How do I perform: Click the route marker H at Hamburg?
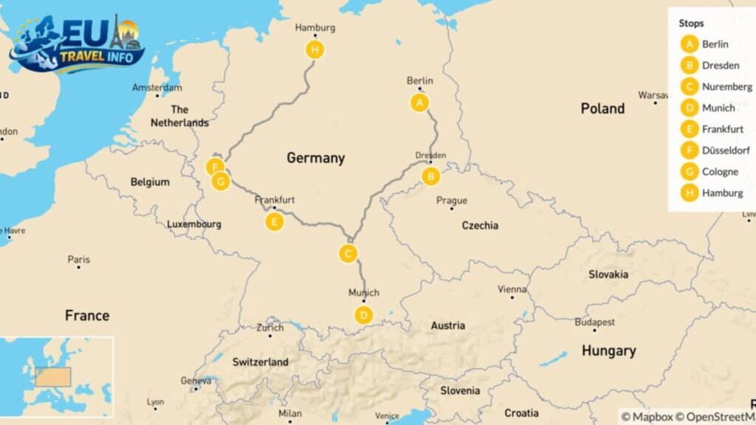pyautogui.click(x=315, y=49)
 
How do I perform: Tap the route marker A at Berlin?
pyautogui.click(x=419, y=103)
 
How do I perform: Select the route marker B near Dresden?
pyautogui.click(x=430, y=176)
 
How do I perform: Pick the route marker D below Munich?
pyautogui.click(x=363, y=315)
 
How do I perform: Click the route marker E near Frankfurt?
pyautogui.click(x=274, y=221)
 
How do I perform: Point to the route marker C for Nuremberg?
pyautogui.click(x=348, y=254)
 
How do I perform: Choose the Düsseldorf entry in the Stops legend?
pyautogui.click(x=726, y=151)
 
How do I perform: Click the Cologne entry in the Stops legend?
pyautogui.click(x=720, y=172)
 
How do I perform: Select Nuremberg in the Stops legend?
pyautogui.click(x=727, y=86)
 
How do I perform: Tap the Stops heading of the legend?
pyautogui.click(x=691, y=23)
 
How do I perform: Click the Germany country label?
pyautogui.click(x=315, y=158)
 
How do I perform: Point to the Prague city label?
pyautogui.click(x=452, y=200)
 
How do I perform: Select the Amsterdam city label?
pyautogui.click(x=157, y=88)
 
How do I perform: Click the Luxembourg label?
pyautogui.click(x=194, y=224)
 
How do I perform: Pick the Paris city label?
pyautogui.click(x=79, y=260)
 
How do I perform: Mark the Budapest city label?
pyautogui.click(x=595, y=322)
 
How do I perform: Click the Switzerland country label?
pyautogui.click(x=260, y=362)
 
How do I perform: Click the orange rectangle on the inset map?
pyautogui.click(x=52, y=377)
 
